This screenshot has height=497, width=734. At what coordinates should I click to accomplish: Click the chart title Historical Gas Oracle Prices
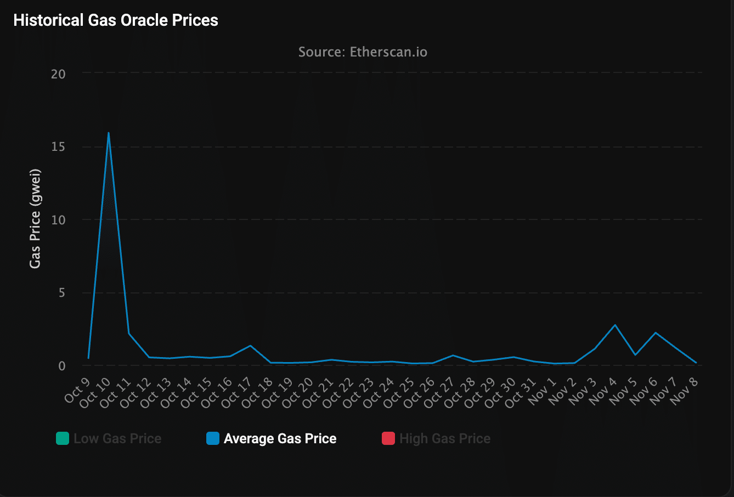(x=116, y=21)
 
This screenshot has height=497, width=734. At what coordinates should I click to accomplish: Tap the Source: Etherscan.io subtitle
(x=363, y=52)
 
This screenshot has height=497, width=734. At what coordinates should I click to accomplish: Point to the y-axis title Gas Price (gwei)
(x=35, y=218)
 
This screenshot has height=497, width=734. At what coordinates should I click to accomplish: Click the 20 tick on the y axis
(x=58, y=74)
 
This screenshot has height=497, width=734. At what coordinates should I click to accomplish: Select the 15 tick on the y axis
(x=58, y=147)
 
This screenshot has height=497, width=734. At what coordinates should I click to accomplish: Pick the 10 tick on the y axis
(x=58, y=220)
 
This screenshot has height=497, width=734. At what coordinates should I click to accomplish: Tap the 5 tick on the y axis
(x=61, y=293)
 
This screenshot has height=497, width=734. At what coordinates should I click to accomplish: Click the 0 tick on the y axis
(x=61, y=366)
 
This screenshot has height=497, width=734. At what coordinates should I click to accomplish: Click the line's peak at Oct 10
(x=109, y=133)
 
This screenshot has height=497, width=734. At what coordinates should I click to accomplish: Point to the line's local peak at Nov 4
(x=616, y=325)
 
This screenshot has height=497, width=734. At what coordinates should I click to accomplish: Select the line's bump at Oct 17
(x=250, y=346)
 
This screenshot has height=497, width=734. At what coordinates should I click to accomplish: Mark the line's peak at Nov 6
(x=656, y=333)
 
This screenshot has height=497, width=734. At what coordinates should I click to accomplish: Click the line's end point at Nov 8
(x=696, y=363)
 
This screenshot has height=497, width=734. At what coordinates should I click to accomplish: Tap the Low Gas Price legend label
(x=117, y=439)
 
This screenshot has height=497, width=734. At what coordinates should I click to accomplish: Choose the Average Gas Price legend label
(x=280, y=439)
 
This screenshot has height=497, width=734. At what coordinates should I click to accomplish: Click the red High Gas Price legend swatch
(x=388, y=439)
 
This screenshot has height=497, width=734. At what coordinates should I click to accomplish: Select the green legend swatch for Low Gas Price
(x=63, y=439)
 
